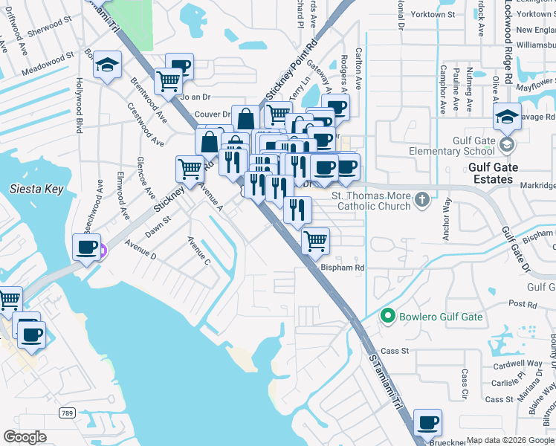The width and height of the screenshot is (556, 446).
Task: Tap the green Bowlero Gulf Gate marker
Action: (x=387, y=317)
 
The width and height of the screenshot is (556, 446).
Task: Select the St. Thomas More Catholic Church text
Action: (x=370, y=201)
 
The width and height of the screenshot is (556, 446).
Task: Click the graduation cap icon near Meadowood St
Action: (x=108, y=67)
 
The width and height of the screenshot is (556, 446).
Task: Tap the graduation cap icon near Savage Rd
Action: (x=508, y=115)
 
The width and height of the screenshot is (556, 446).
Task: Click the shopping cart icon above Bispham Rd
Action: (x=315, y=240)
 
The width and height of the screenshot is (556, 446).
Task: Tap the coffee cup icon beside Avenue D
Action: (x=87, y=246)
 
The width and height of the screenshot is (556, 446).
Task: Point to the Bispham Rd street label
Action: (x=342, y=267)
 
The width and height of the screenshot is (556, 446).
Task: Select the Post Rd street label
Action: (x=522, y=305)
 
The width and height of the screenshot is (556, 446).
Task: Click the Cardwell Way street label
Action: (x=521, y=363)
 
